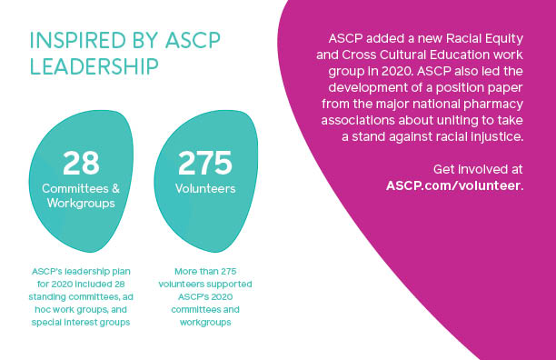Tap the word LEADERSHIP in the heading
[94, 66]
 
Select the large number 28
[81, 164]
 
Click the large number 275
[204, 164]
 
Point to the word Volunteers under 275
[204, 189]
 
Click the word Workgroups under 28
[81, 204]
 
